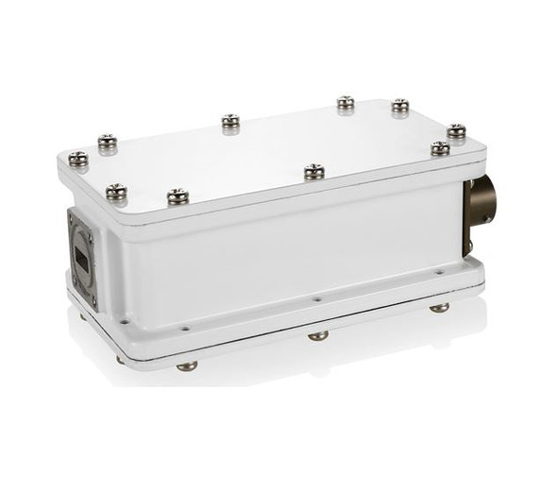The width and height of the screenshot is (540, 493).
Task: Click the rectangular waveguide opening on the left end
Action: (x=84, y=252)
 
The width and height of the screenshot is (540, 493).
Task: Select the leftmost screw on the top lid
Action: (x=79, y=159)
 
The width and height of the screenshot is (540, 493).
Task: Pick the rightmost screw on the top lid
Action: (x=456, y=130)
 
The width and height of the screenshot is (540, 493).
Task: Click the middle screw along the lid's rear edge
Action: (x=230, y=121)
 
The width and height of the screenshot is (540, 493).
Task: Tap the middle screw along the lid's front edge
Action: (x=313, y=171)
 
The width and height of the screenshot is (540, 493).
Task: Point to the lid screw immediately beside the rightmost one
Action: (x=440, y=147)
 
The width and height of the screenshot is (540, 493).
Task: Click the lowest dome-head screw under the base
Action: (x=187, y=365)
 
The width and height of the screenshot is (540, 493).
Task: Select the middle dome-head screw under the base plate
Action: (x=318, y=334)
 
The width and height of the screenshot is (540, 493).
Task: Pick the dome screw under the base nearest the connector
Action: (x=439, y=307)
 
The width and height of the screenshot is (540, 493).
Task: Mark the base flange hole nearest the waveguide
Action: (x=124, y=321)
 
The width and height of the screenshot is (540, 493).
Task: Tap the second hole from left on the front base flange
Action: (x=185, y=327)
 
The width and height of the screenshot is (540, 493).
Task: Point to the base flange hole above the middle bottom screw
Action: (x=316, y=300)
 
